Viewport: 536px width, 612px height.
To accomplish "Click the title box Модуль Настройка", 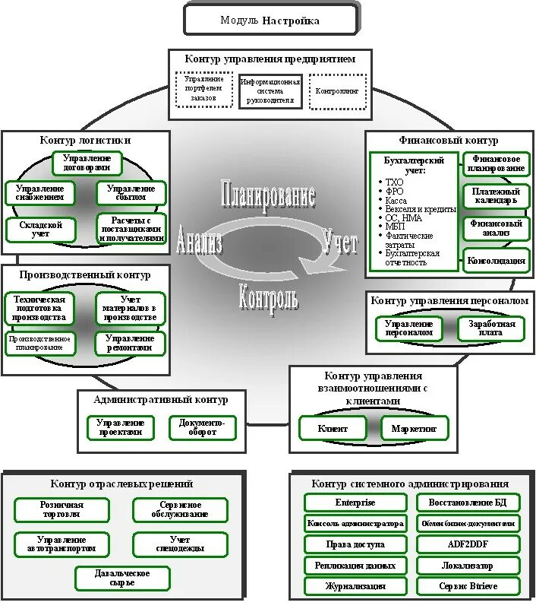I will [x=270, y=21].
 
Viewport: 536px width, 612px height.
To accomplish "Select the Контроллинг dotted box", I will [x=337, y=91].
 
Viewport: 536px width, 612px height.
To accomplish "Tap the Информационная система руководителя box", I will [x=270, y=91].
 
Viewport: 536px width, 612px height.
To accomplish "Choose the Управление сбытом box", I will [x=131, y=192].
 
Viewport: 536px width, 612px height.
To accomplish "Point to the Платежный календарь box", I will [x=496, y=196].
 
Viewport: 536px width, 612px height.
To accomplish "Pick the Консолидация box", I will [x=497, y=261].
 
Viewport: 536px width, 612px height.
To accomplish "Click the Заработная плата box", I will [x=490, y=329].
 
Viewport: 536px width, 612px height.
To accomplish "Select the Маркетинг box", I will [x=415, y=429].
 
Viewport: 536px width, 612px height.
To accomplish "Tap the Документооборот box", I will [x=202, y=427].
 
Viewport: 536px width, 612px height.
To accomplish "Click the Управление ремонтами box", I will [x=131, y=343].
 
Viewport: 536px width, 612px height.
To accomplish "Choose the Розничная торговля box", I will [x=61, y=509].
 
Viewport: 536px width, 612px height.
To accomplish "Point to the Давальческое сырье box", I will [x=121, y=578].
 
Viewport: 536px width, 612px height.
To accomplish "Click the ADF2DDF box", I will [x=468, y=544].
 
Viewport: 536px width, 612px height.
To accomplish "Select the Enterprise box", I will [x=355, y=503].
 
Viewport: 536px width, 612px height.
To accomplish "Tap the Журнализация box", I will [x=355, y=586].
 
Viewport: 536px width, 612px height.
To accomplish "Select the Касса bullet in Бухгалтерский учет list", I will [x=396, y=201].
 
